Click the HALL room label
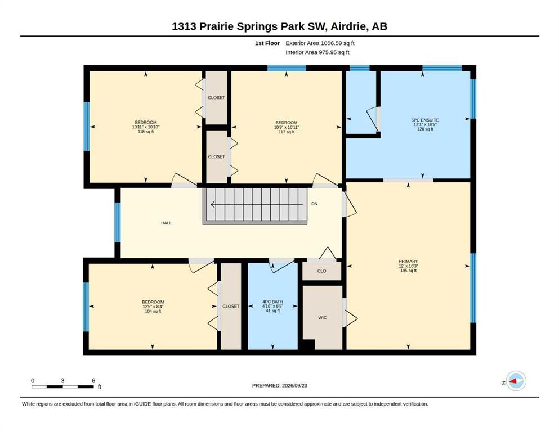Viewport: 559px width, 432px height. click(x=166, y=223)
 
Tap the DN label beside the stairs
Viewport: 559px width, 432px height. click(x=315, y=204)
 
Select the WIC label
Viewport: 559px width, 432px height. click(x=322, y=318)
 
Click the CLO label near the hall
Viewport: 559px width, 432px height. click(x=321, y=271)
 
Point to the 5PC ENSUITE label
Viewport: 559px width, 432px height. click(x=425, y=120)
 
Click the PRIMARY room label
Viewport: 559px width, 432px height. click(x=408, y=262)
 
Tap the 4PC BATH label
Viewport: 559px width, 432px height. click(x=272, y=301)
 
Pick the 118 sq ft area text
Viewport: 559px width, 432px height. click(x=146, y=132)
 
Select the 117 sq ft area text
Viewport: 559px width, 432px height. click(x=287, y=132)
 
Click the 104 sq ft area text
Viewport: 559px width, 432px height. click(x=153, y=311)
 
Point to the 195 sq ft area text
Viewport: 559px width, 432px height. click(x=408, y=271)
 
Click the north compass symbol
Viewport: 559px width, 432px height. click(x=516, y=381)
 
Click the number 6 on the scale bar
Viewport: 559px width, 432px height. click(x=93, y=380)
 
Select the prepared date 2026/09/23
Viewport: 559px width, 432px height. click(x=294, y=385)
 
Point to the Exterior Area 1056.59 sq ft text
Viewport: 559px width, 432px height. click(x=320, y=43)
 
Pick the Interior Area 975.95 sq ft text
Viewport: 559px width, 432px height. click(x=317, y=52)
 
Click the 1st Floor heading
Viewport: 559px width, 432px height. click(x=267, y=43)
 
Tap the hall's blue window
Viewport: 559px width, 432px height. click(x=118, y=222)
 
